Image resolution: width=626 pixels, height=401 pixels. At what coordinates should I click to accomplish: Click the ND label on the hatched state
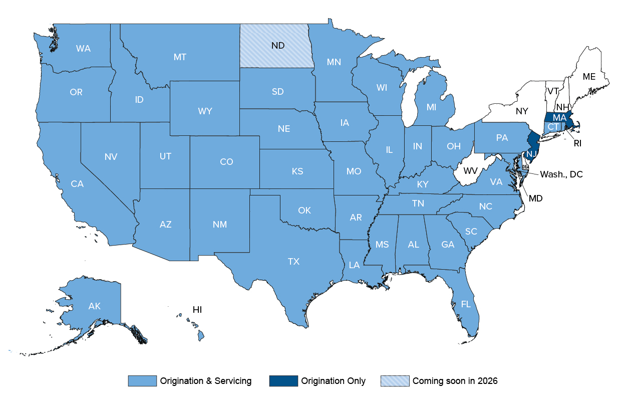278,46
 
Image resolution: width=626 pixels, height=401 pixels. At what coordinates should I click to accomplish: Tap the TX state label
293,261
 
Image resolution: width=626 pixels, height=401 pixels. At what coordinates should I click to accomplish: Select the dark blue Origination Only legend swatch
283,381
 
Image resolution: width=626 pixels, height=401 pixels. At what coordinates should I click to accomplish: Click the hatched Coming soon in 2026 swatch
395,381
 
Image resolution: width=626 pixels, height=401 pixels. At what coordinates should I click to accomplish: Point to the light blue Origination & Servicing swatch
142,381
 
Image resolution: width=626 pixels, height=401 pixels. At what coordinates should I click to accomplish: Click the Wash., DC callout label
561,174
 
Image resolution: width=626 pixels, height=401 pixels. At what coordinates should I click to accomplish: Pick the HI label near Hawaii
197,310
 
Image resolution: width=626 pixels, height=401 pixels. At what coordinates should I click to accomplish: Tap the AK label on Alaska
94,306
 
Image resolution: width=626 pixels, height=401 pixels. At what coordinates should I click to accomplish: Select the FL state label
466,304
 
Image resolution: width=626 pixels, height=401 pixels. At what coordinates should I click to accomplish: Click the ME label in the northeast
589,77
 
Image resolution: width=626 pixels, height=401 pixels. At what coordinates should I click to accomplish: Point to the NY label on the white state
522,111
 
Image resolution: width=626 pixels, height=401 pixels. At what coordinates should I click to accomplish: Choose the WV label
470,171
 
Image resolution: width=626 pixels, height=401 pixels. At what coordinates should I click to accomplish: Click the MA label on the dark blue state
559,118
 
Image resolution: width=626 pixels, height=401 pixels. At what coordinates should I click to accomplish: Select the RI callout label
577,143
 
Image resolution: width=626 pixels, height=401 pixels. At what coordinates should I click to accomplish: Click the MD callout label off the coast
536,198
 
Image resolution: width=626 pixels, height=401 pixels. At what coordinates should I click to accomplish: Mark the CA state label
77,184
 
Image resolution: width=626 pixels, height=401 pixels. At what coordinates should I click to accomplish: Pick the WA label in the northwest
83,49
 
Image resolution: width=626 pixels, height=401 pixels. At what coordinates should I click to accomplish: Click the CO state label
226,162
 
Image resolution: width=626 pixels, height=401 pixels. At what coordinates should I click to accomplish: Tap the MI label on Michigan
432,107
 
